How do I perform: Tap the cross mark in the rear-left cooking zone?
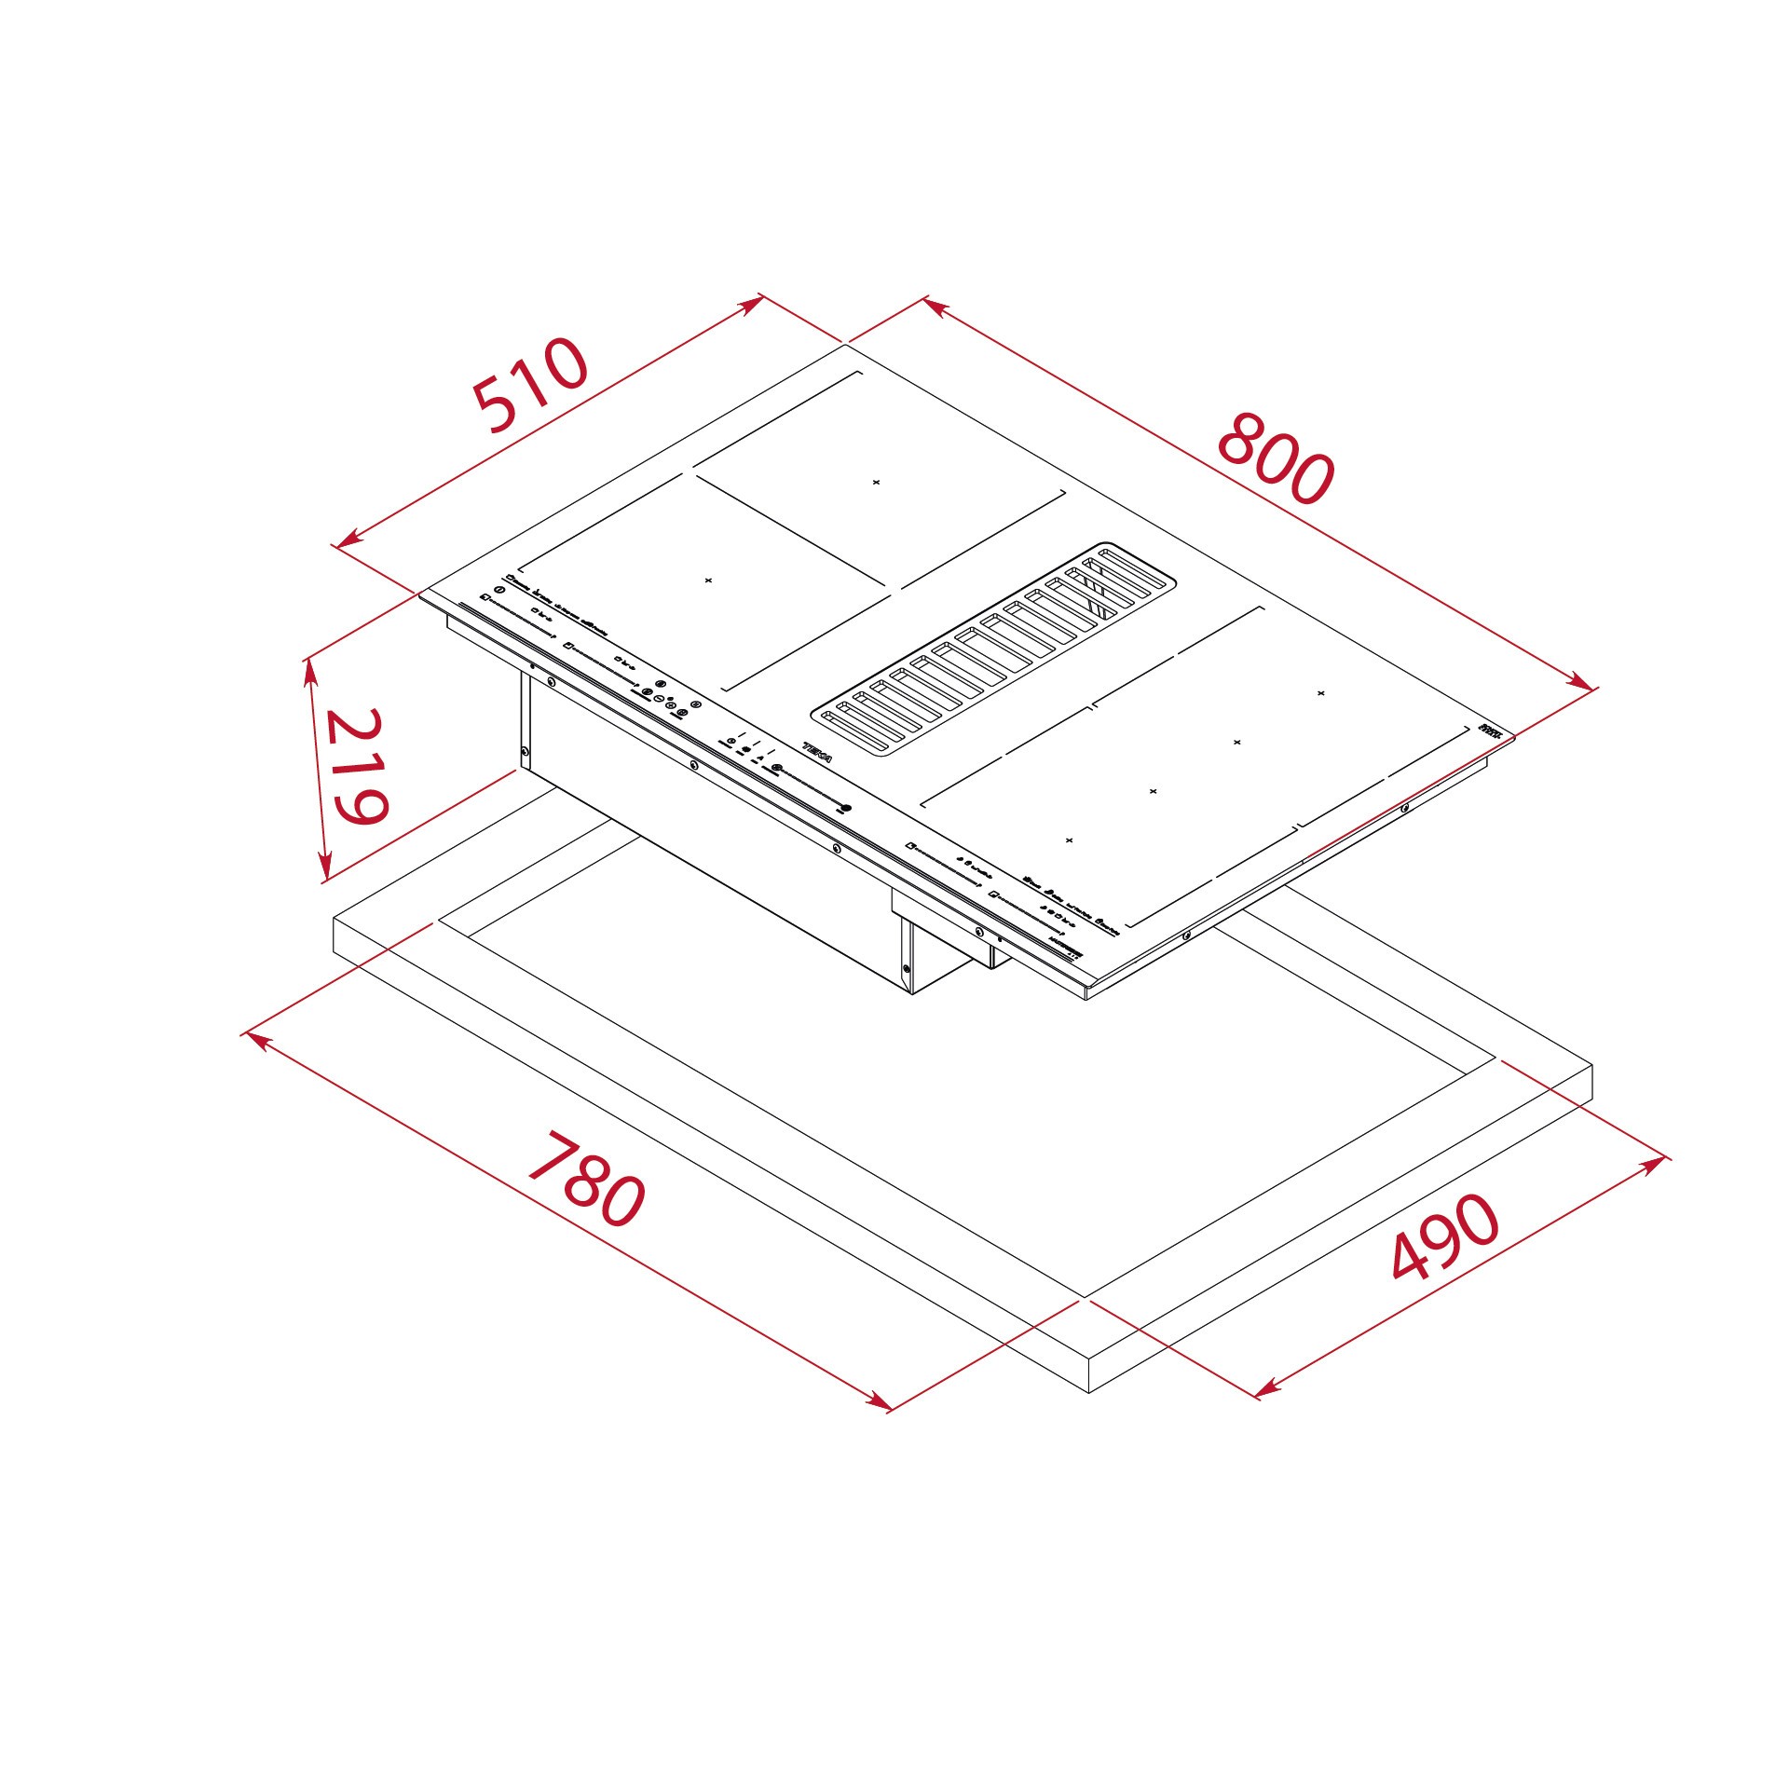point(876,482)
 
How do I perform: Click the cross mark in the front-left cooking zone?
point(708,580)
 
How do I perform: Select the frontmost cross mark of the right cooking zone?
point(1070,840)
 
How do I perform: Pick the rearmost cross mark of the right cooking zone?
point(1320,693)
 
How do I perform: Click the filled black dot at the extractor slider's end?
point(845,808)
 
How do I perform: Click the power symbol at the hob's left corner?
point(499,592)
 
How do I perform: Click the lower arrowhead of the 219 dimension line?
point(324,868)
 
